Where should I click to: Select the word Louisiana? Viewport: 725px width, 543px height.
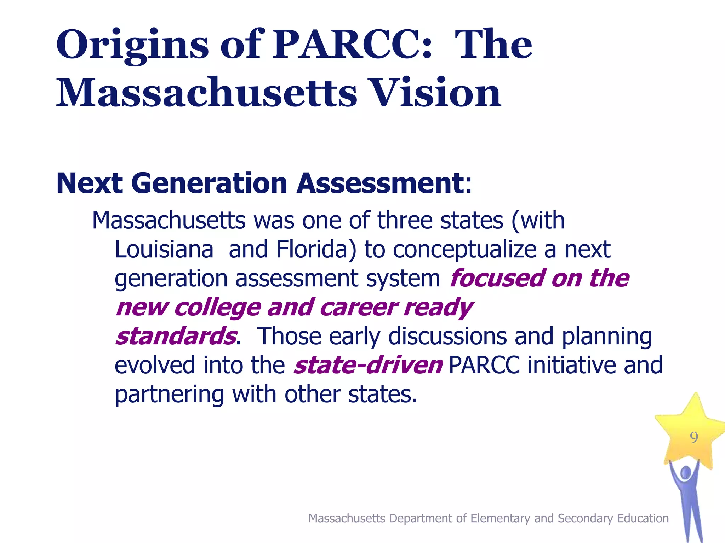tap(164, 250)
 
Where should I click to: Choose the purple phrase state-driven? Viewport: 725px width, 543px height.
tap(368, 365)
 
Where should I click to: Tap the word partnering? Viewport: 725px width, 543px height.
tap(170, 395)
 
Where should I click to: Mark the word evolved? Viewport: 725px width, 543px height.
tap(155, 365)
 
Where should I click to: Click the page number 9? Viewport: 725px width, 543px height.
tap(694, 438)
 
